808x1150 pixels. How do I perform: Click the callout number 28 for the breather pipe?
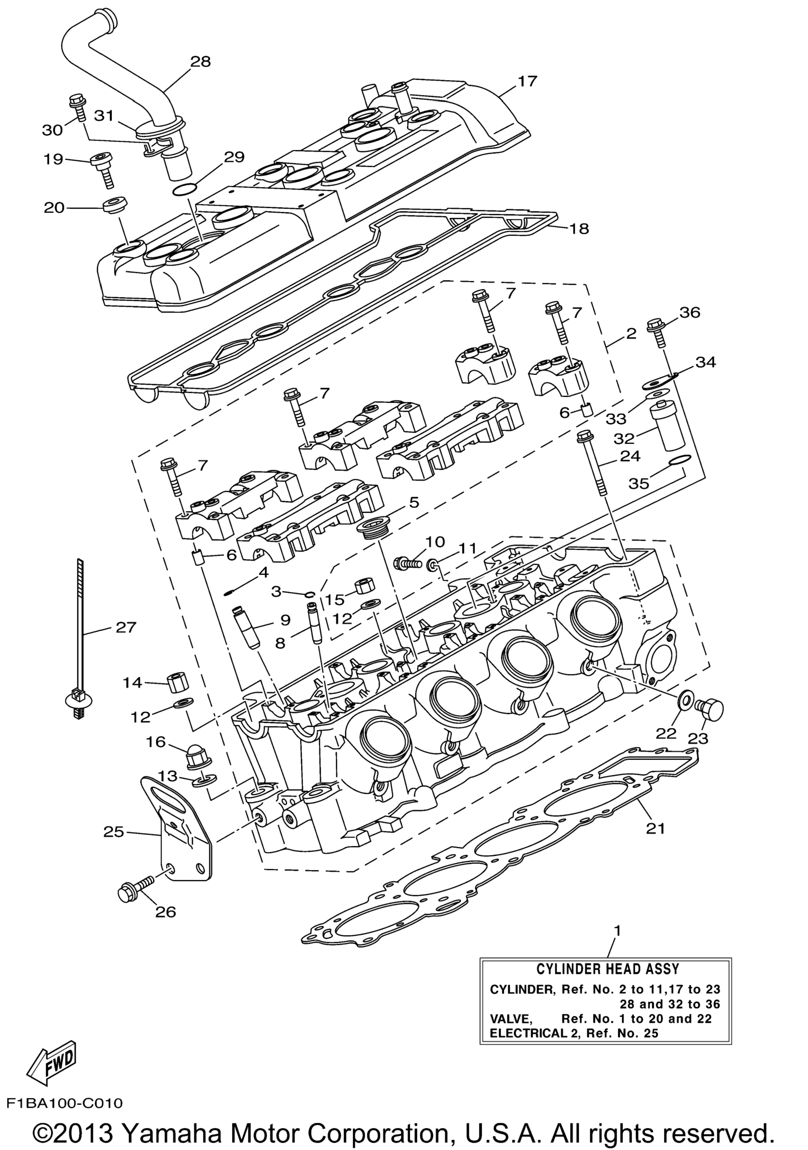coord(200,62)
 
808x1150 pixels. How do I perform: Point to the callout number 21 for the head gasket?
coord(655,829)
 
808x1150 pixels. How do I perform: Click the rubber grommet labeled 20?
coord(115,206)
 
